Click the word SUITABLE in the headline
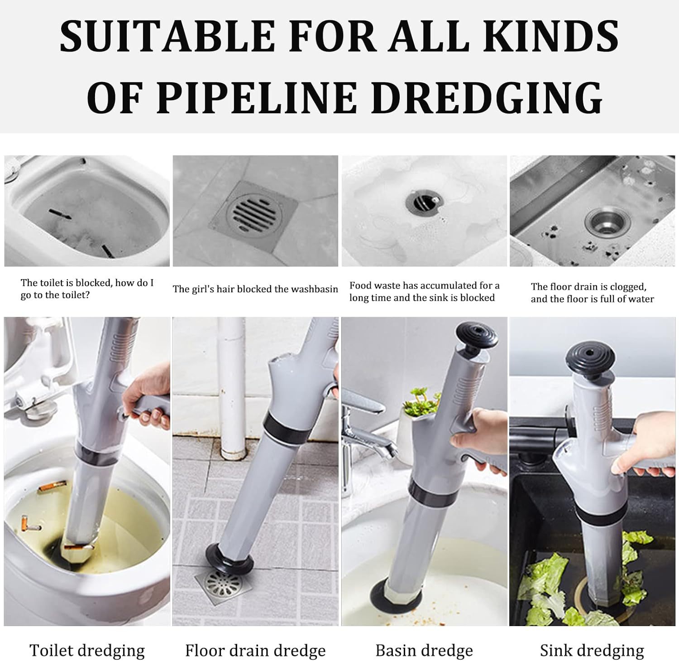[x=167, y=35]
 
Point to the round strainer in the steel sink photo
[x=601, y=221]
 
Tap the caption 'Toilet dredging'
[x=87, y=651]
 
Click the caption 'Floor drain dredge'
[x=255, y=651]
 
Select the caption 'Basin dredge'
[x=424, y=651]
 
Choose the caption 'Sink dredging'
[x=592, y=651]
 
